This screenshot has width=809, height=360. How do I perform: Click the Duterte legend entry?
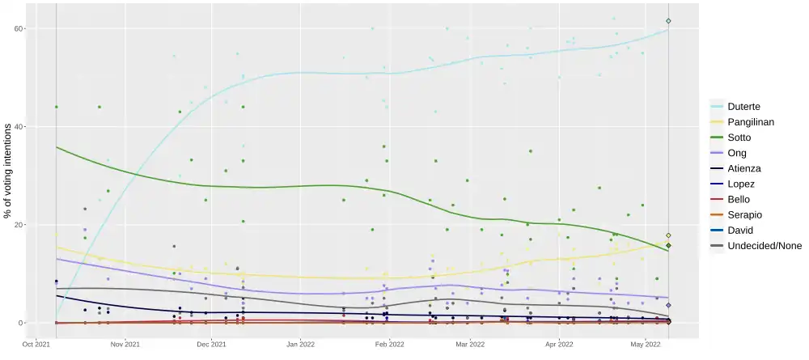743,106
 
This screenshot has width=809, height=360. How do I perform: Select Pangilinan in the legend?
752,121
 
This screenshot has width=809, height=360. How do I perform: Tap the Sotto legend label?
740,137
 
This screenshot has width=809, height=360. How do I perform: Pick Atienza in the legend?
745,168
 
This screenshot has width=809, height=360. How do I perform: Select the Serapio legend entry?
745,214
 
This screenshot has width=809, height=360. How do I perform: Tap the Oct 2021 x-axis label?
37,345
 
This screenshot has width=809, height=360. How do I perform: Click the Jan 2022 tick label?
301,345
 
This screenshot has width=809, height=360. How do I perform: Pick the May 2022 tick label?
644,345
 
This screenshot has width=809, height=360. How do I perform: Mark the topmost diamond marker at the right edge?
668,21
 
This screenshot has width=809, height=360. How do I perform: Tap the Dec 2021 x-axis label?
212,345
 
